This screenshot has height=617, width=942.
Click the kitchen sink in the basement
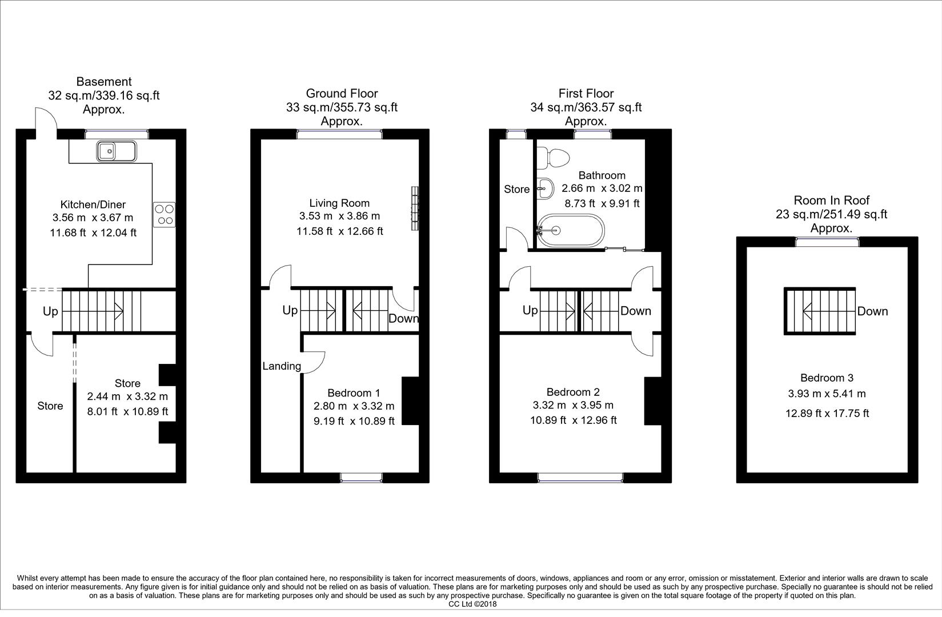tap(117, 151)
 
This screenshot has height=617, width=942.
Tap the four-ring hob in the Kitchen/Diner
tap(165, 214)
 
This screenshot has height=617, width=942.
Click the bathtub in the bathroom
tap(570, 231)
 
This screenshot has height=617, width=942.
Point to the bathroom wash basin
tap(545, 188)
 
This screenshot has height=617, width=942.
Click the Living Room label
tap(339, 203)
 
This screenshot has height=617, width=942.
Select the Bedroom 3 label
tap(827, 378)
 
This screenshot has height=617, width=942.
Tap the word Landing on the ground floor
tap(282, 366)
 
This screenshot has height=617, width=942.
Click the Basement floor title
tap(104, 82)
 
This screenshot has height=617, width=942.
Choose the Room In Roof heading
tap(832, 200)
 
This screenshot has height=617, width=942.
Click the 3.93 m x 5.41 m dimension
tap(827, 394)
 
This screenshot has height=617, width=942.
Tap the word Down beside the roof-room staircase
tap(872, 311)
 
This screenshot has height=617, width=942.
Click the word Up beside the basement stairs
tap(50, 311)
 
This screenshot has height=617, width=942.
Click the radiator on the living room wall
tap(414, 209)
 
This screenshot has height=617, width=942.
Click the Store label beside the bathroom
tap(516, 189)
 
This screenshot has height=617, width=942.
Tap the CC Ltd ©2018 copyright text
tap(472, 604)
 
